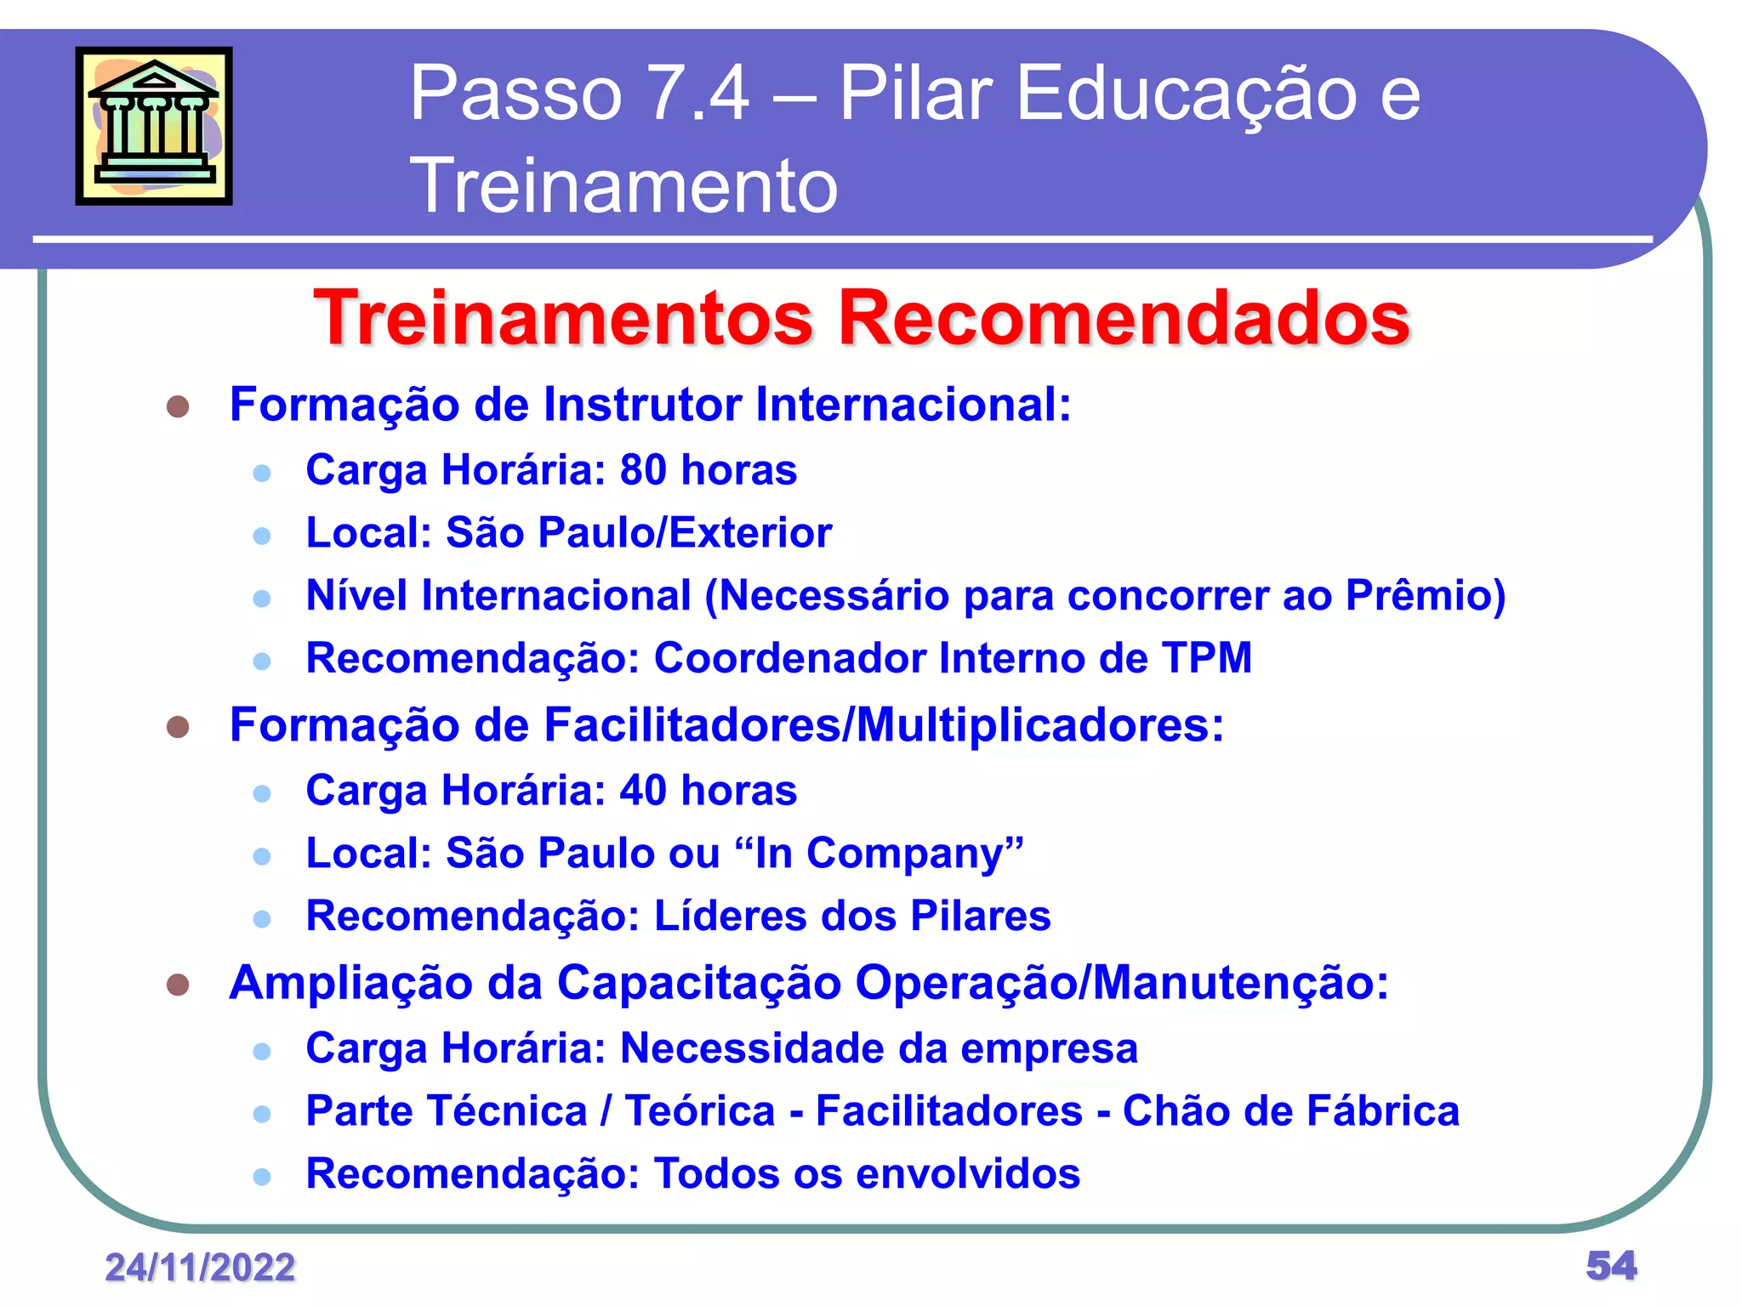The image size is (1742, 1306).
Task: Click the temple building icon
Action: tap(154, 126)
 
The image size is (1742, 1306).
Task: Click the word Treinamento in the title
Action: tap(623, 185)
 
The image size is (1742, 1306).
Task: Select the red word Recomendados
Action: tap(1124, 318)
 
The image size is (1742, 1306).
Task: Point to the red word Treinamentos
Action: tap(564, 318)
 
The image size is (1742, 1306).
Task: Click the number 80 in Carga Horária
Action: tap(643, 469)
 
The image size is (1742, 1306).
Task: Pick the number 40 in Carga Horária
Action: tap(643, 790)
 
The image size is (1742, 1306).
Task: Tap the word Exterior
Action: tap(750, 533)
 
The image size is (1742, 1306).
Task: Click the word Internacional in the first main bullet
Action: tap(913, 404)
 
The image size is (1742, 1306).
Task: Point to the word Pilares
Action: tap(980, 916)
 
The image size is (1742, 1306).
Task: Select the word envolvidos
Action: tap(968, 1174)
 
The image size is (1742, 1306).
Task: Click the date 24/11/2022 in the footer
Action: tap(200, 1268)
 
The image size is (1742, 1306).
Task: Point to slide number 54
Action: tap(1611, 1266)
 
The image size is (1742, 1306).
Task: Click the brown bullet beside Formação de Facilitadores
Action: tap(178, 727)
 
